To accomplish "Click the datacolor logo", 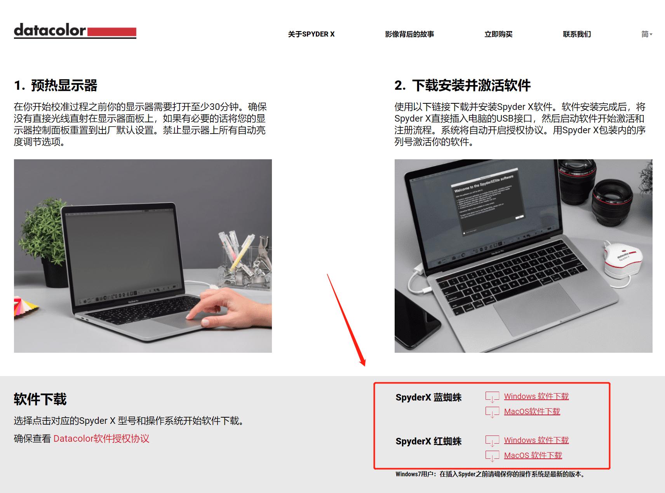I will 75,31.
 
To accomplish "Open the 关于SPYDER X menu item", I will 311,34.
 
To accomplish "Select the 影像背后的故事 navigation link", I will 409,34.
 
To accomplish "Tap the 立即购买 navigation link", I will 498,34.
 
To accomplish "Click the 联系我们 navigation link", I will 577,34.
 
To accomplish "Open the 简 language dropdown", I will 646,34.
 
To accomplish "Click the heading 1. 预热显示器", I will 56,85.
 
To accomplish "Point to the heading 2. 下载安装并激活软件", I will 462,85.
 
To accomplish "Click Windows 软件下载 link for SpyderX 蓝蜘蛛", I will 536,396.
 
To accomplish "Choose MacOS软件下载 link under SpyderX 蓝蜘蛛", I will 532,411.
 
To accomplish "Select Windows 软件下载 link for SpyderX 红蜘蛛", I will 536,440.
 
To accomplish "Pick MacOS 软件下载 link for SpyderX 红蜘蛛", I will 533,455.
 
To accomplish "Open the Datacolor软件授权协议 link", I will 101,439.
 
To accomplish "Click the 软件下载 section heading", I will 40,399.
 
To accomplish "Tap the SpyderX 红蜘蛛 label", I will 428,441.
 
